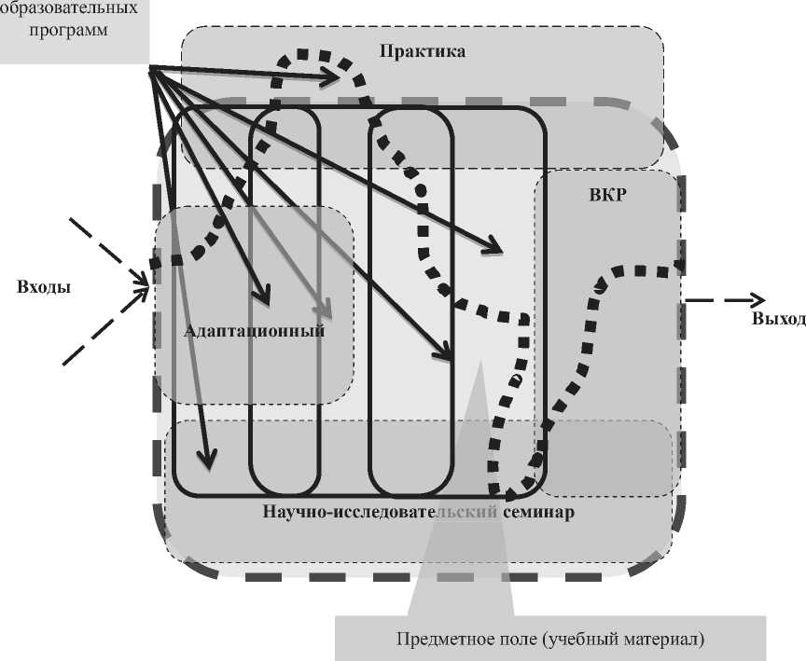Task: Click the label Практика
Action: (422, 51)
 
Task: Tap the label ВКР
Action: (607, 196)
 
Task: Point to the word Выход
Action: (777, 319)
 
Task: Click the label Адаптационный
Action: (254, 331)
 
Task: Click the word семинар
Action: (534, 513)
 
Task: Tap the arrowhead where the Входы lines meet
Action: (146, 279)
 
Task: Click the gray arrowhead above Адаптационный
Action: (325, 310)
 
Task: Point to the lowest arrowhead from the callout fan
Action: (208, 459)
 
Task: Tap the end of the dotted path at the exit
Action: (680, 268)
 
